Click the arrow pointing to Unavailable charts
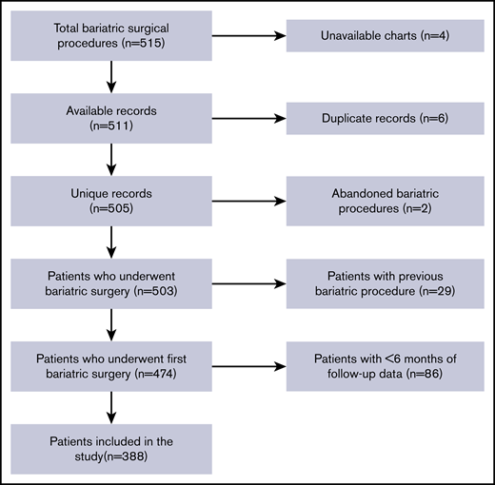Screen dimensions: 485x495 point(249,36)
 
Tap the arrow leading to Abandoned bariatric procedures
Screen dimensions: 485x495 point(249,201)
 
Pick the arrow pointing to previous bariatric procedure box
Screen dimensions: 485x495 point(249,283)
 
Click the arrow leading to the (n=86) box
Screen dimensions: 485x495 point(249,366)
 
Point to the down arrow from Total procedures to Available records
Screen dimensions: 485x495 point(112,77)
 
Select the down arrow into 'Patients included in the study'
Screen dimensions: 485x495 point(112,406)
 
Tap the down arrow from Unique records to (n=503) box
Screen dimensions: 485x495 point(112,242)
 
